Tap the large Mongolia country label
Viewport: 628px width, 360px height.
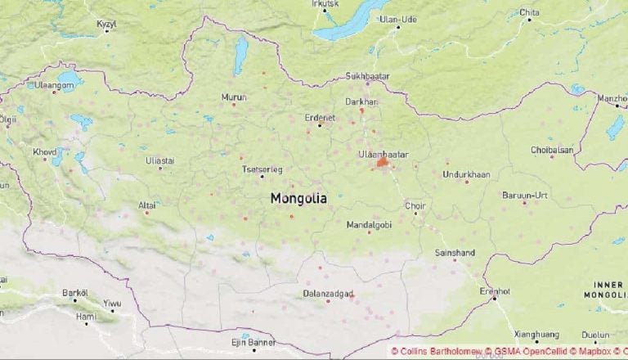pyautogui.click(x=298, y=198)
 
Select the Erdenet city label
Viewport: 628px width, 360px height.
pyautogui.click(x=320, y=116)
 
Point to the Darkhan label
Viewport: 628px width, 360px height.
pyautogui.click(x=362, y=101)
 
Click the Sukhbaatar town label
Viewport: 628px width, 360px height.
pyautogui.click(x=368, y=76)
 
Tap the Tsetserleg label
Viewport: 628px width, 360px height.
pyautogui.click(x=262, y=169)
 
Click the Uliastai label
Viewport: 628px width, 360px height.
pyautogui.click(x=160, y=160)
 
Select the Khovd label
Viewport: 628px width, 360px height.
pyautogui.click(x=45, y=151)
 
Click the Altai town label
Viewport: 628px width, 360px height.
pyautogui.click(x=147, y=205)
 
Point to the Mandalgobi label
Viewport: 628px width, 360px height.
pyautogui.click(x=370, y=224)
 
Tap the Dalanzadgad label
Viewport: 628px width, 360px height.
pyautogui.click(x=328, y=293)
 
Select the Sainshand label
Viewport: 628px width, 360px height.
pyautogui.click(x=455, y=254)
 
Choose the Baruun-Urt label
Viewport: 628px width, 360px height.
pyautogui.click(x=524, y=195)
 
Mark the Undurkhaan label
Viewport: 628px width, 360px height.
pyautogui.click(x=466, y=173)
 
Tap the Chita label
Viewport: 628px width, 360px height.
pyautogui.click(x=530, y=12)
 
